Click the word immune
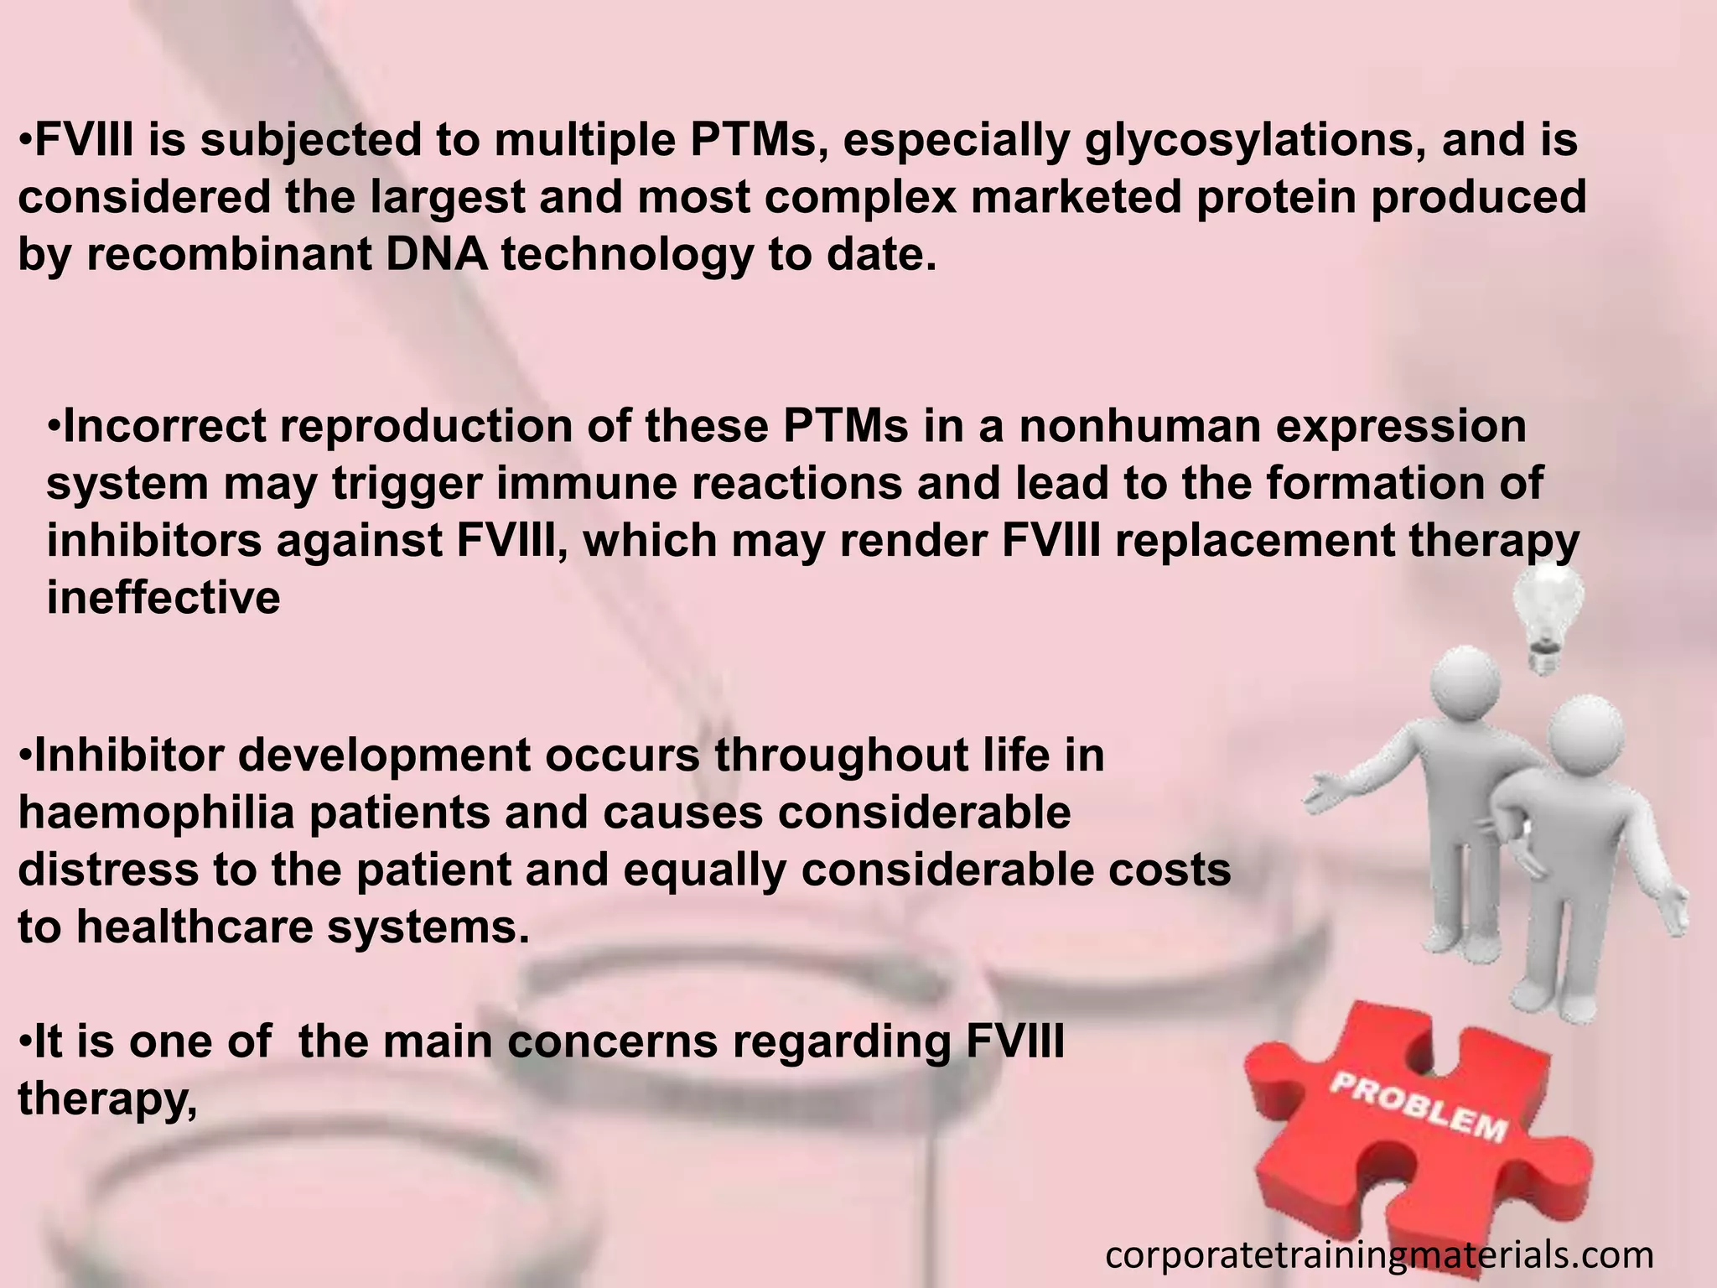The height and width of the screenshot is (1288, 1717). click(x=586, y=484)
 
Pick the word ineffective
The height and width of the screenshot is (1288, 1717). click(x=163, y=599)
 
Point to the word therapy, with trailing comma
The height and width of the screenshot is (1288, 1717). click(x=106, y=1099)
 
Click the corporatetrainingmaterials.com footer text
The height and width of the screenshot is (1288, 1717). click(x=1379, y=1255)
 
